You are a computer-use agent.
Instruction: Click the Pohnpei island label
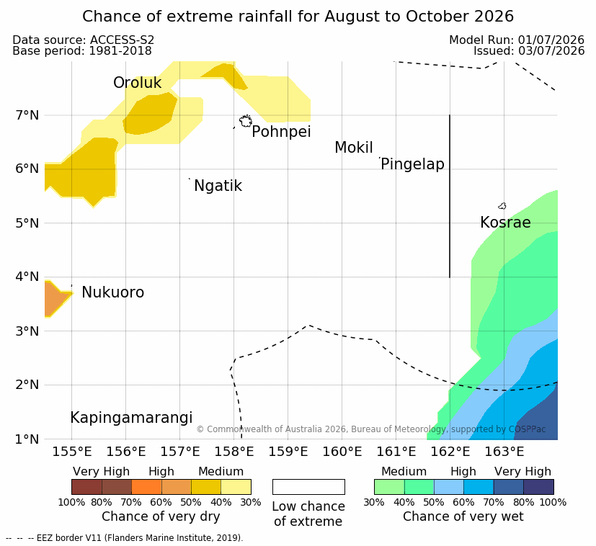pos(281,132)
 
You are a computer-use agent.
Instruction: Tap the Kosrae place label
pos(505,223)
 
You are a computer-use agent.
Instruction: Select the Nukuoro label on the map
pos(113,292)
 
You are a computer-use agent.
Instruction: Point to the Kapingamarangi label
pos(131,418)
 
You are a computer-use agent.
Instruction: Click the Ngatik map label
pos(218,186)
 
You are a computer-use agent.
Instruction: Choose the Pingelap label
pos(412,164)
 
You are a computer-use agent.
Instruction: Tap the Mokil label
pos(354,148)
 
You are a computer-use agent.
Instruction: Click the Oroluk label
pos(137,82)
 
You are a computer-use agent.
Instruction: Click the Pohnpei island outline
pos(246,121)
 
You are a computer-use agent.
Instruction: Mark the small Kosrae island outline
pos(502,206)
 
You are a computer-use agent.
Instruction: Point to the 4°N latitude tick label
pos(27,277)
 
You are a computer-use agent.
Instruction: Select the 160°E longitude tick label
pos(342,452)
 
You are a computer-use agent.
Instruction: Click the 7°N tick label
pos(27,115)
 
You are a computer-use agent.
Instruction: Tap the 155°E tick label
pos(72,452)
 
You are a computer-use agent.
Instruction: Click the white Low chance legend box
pos(308,487)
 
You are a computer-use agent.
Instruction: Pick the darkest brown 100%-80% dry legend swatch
pos(86,487)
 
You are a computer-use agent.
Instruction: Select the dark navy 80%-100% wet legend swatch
pos(538,487)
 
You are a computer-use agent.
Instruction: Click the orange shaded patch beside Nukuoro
pos(55,298)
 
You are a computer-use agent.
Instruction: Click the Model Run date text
pos(517,40)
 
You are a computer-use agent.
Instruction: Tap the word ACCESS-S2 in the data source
pos(122,40)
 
